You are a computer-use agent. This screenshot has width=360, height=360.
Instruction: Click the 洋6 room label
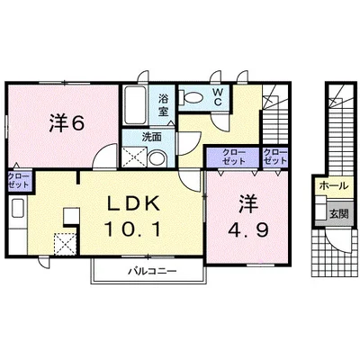[x=66, y=123]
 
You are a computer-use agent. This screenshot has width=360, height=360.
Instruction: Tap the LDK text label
[x=134, y=205]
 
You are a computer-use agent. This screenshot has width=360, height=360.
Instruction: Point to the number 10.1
[x=133, y=229]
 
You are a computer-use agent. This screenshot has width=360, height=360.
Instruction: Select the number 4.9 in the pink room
[x=247, y=229]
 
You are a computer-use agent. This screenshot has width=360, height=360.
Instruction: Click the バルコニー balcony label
[x=153, y=272]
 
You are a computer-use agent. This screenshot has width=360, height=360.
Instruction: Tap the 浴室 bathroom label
[x=163, y=104]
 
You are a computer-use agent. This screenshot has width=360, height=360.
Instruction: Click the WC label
[x=217, y=96]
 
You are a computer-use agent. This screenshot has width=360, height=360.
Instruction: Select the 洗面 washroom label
[x=151, y=138]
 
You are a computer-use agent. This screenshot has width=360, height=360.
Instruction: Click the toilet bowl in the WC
[x=191, y=97]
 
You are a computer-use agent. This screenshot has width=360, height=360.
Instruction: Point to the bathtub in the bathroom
[x=135, y=105]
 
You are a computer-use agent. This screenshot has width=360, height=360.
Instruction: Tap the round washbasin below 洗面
[x=157, y=158]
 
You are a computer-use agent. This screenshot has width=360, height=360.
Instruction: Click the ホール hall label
[x=334, y=186]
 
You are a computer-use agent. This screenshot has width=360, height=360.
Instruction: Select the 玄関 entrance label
[x=339, y=214]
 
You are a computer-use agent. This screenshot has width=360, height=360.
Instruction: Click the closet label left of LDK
[x=18, y=180]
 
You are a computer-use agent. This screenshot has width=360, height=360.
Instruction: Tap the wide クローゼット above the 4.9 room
[x=234, y=157]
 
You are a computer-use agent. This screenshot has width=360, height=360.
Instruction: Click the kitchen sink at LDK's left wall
[x=17, y=209]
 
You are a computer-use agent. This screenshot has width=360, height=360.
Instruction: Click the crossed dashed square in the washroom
[x=135, y=157]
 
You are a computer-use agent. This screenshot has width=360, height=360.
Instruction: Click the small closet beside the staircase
[x=275, y=157]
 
